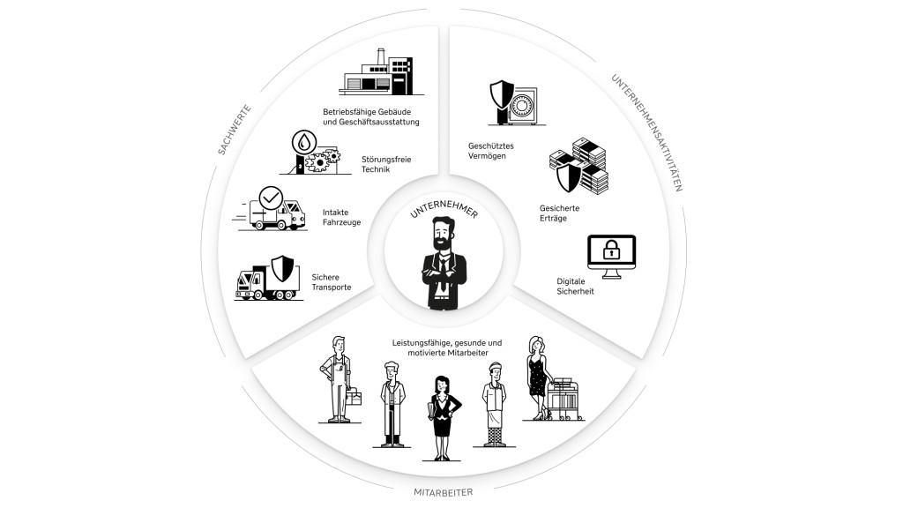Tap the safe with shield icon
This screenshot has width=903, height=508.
(x=514, y=104)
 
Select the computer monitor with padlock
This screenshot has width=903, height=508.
(x=611, y=257)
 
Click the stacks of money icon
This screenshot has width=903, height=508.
(x=578, y=168)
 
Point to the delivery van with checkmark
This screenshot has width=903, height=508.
(x=272, y=209)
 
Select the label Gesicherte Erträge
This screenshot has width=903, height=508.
(x=559, y=213)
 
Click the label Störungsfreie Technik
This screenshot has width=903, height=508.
(x=386, y=164)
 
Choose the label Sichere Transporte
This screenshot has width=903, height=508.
(x=332, y=281)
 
